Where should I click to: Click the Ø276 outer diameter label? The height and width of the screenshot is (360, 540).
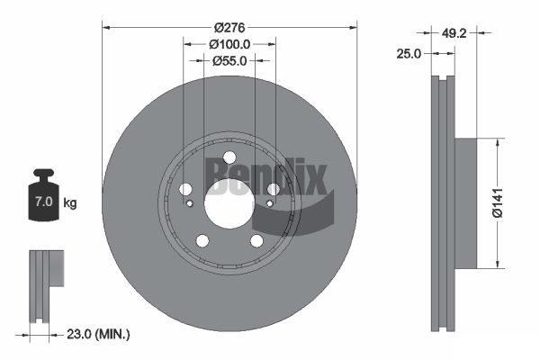coord(229,28)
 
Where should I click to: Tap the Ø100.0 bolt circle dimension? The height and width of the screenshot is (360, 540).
coord(229,44)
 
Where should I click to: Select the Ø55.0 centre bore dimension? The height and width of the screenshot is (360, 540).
coord(229,61)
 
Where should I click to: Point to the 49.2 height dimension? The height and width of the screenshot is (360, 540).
coord(454,33)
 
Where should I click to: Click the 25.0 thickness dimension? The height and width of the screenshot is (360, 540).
coord(409,54)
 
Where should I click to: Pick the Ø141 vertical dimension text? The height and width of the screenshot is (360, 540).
coord(498,202)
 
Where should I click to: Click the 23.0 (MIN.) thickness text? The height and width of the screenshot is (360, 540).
coord(98,334)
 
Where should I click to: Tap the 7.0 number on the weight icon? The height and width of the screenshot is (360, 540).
coord(44,202)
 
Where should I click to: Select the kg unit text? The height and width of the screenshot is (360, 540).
coord(70,203)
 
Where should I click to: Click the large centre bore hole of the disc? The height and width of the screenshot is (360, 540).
coord(229,203)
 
